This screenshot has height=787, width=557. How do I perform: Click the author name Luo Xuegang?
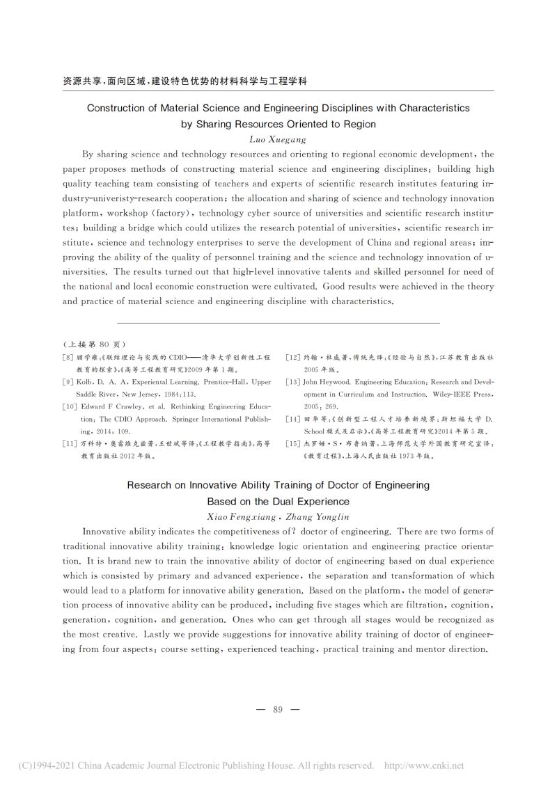tap(278, 139)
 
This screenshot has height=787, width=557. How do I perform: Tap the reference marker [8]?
tap(68, 356)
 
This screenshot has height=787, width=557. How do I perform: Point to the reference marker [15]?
tap(292, 445)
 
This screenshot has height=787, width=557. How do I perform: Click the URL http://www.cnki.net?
tap(424, 765)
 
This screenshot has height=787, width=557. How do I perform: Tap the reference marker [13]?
tap(292, 382)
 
